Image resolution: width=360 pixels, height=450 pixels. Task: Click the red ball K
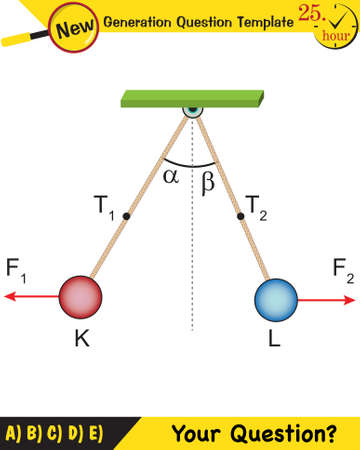tap(82, 297)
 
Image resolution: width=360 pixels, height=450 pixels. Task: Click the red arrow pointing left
tap(30, 297)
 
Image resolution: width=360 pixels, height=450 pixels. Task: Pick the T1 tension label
tap(106, 208)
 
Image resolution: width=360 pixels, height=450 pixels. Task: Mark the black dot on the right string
tap(239, 214)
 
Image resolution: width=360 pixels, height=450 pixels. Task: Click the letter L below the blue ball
tap(274, 340)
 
